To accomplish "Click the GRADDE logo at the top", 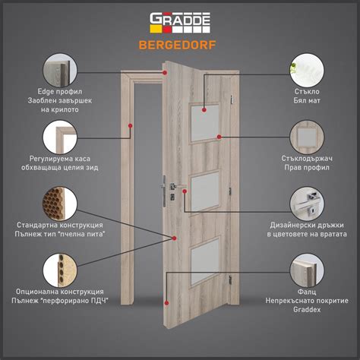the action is click(x=180, y=23).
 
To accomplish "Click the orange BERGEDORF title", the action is click(x=177, y=45).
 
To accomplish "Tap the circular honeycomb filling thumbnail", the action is click(x=60, y=204).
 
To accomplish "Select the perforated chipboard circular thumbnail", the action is click(x=60, y=270).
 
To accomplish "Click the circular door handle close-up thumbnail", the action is click(x=307, y=204).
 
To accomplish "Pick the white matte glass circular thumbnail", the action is click(x=307, y=71).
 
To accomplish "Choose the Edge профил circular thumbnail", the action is click(x=60, y=71).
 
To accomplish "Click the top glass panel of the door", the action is click(x=205, y=123).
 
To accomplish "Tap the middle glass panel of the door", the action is click(x=205, y=191).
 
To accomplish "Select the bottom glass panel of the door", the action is click(x=205, y=262).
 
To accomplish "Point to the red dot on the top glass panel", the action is click(x=204, y=109).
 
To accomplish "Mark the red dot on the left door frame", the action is click(x=130, y=125).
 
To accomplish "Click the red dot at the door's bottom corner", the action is click(x=166, y=303).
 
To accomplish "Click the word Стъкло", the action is click(x=307, y=91).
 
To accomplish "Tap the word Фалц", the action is click(x=307, y=292).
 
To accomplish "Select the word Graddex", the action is click(x=307, y=309).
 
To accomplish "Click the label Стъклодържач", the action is click(x=307, y=159).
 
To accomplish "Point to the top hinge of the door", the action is click(x=232, y=99).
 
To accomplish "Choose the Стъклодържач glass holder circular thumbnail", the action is click(x=307, y=137).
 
